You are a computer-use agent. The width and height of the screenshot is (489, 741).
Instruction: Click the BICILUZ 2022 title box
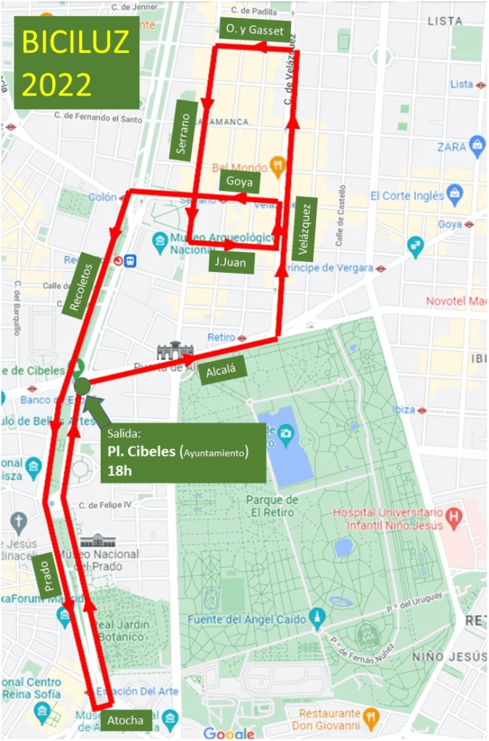pyautogui.click(x=76, y=64)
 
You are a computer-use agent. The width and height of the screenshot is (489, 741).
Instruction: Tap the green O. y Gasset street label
pyautogui.click(x=254, y=30)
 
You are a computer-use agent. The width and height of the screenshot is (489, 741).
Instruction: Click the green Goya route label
pyautogui.click(x=238, y=182)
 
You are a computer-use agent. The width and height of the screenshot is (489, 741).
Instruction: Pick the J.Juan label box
pyautogui.click(x=230, y=262)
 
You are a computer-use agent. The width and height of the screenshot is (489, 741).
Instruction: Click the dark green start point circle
pyautogui.click(x=83, y=386)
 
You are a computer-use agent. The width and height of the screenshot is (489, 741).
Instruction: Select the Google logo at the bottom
pyautogui.click(x=228, y=733)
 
